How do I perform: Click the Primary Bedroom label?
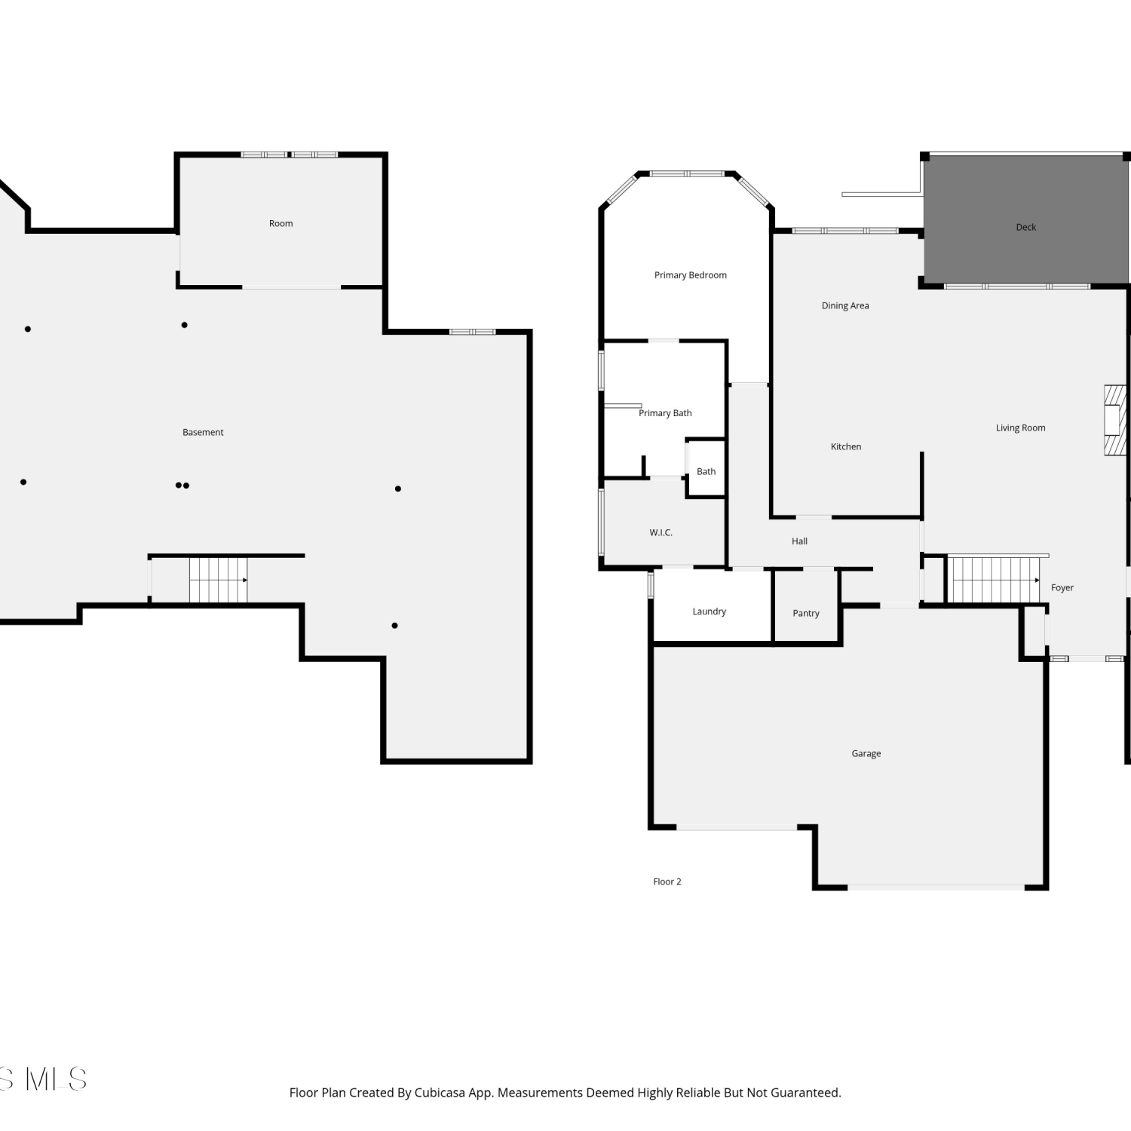point(690,275)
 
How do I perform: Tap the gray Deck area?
point(1025,219)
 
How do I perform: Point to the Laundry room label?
point(709,611)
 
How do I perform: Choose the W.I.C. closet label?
point(661,532)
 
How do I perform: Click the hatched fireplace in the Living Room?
point(1115,421)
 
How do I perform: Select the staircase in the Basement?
point(218,580)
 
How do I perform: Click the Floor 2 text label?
point(667,881)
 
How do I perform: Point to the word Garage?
point(866,753)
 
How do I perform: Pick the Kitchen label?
point(845,446)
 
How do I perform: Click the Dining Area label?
point(844,305)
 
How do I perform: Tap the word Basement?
point(203,432)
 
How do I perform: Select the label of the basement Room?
point(280,223)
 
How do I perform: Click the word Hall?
point(799,541)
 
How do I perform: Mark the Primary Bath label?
point(665,413)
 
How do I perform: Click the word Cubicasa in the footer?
point(439,1093)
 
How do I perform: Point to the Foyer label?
point(1062,587)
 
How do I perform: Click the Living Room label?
point(1020,428)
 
